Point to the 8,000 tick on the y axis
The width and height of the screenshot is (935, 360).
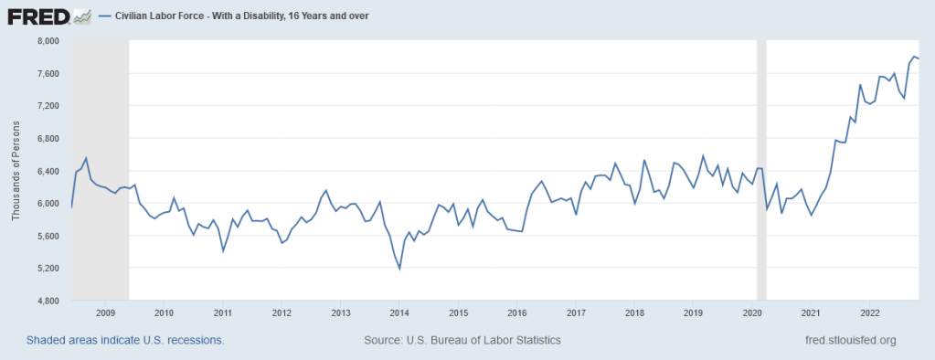click(47, 41)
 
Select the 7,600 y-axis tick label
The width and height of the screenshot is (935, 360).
click(47, 73)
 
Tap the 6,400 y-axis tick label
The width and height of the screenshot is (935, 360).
click(47, 171)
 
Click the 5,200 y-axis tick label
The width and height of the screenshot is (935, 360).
click(47, 269)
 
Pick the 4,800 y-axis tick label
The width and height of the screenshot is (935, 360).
click(47, 301)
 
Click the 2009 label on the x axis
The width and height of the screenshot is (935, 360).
click(104, 312)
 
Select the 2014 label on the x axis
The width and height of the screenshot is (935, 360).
click(398, 312)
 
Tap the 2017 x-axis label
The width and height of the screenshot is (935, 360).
click(576, 312)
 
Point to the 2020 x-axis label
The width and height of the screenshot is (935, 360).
click(752, 312)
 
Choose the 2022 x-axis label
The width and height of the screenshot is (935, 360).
click(870, 312)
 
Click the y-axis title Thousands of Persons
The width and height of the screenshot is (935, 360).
click(16, 171)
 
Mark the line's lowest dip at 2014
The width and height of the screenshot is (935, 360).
click(400, 269)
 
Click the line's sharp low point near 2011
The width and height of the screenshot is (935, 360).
click(223, 251)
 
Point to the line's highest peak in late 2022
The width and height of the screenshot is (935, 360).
click(913, 57)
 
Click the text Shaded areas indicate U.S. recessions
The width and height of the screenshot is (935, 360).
click(125, 340)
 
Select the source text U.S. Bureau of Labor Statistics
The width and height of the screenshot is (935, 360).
click(462, 340)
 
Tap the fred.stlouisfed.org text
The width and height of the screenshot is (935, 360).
click(846, 340)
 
